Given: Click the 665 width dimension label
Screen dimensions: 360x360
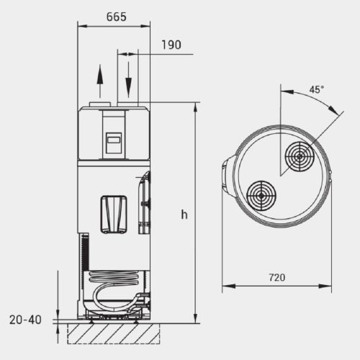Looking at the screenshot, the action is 117,17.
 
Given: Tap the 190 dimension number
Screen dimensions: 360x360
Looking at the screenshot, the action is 171,45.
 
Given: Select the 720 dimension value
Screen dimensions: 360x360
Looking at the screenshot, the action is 277,277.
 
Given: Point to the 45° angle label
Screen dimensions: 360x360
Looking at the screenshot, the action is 317,89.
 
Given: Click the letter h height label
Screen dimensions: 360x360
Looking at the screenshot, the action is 184,215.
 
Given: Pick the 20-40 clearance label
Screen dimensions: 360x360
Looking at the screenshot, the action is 25,320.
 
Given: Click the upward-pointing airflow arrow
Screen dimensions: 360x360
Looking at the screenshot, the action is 100,81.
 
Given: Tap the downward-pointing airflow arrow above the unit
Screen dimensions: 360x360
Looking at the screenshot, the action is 129,80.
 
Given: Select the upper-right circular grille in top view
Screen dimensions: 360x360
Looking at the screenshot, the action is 300,156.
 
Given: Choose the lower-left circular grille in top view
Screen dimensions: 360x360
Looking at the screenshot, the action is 261,196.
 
